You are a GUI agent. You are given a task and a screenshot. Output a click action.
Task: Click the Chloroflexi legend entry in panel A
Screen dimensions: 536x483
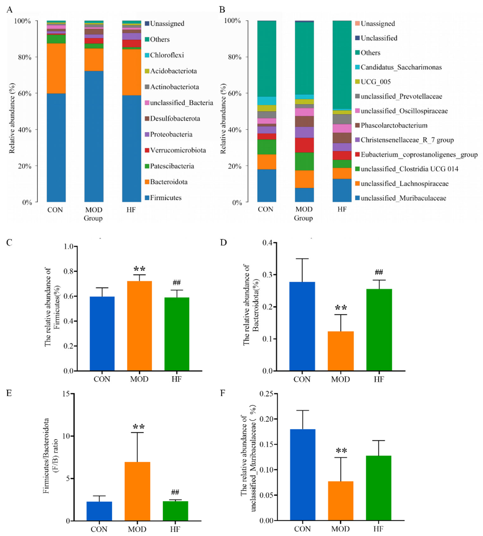[x=167, y=55]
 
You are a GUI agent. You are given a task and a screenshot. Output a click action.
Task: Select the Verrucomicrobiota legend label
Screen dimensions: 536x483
[x=178, y=150]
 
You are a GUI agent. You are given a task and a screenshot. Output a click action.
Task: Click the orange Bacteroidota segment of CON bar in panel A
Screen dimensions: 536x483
[x=56, y=68]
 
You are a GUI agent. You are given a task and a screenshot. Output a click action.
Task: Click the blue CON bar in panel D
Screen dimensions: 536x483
[x=302, y=326]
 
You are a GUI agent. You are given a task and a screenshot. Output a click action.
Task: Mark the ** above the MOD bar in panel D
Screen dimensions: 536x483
[x=341, y=308]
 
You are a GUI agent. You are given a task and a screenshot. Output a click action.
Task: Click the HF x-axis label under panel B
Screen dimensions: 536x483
[x=342, y=209]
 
